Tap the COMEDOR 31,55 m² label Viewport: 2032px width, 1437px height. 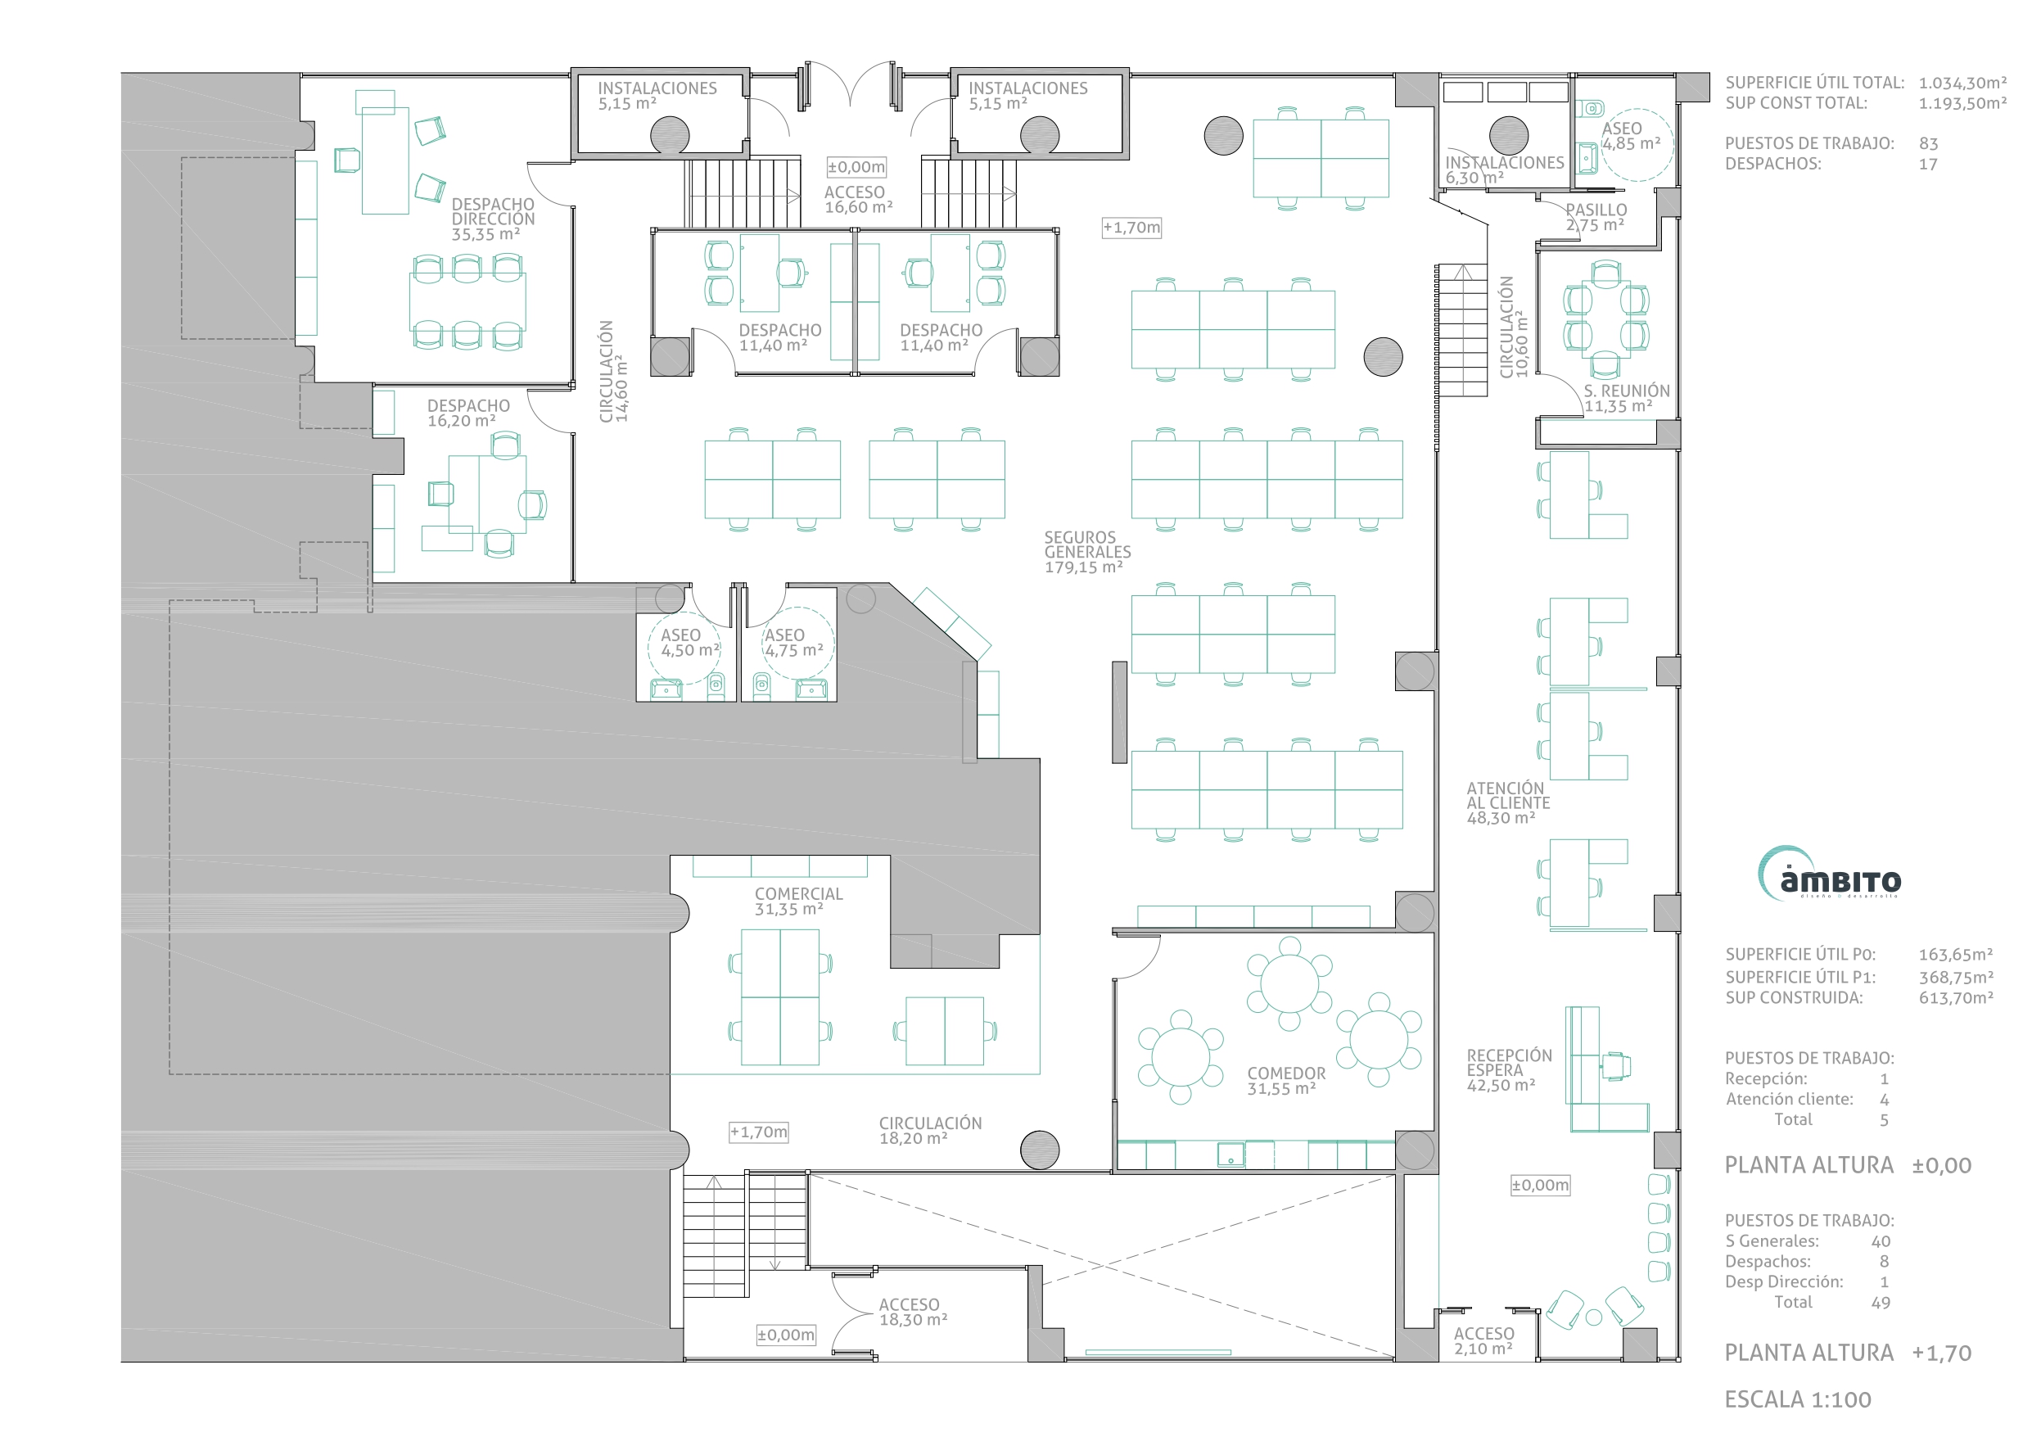tap(1286, 1080)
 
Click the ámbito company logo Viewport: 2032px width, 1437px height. tap(1828, 873)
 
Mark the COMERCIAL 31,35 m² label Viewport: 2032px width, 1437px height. tap(798, 902)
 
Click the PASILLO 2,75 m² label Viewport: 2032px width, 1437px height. tap(1596, 217)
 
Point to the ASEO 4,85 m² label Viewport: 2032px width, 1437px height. tap(1631, 135)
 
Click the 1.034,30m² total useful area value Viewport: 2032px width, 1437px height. tap(1962, 84)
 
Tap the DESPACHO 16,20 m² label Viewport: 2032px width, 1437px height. tap(468, 413)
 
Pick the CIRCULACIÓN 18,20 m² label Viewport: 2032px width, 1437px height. tap(930, 1130)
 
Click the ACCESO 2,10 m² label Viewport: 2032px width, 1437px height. tap(1483, 1340)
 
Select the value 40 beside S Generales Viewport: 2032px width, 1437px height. tap(1881, 1241)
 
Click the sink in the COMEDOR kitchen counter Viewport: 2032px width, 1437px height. tap(1230, 1155)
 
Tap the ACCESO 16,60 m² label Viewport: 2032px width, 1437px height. tap(857, 199)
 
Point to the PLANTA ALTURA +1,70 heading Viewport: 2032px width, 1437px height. tap(1848, 1352)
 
